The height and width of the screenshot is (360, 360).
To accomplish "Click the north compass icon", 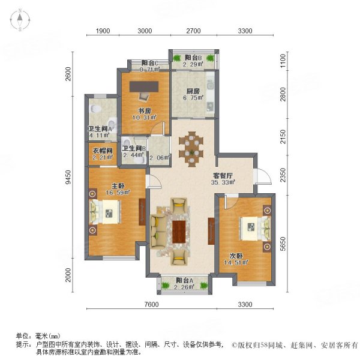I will pos(19,22).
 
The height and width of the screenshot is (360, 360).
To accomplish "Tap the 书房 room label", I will pos(145,110).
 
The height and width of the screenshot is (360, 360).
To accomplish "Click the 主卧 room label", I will pos(110,184).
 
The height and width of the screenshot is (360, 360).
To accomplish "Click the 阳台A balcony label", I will pos(185,280).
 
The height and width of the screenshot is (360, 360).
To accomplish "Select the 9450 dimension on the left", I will pos(68,178).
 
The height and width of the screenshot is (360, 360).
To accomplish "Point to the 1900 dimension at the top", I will pos(103,31).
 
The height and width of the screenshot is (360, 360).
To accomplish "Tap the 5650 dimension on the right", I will pos(286,244).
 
